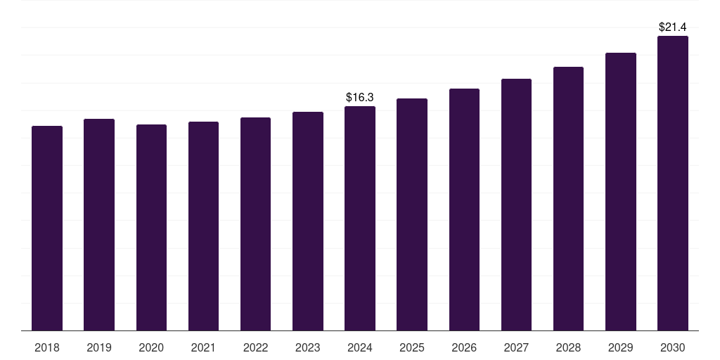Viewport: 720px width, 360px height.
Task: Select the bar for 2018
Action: pyautogui.click(x=47, y=229)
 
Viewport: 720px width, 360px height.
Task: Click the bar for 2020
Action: pyautogui.click(x=152, y=228)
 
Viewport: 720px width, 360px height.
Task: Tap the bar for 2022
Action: pyautogui.click(x=255, y=224)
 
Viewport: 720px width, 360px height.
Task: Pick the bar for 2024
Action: pyautogui.click(x=360, y=219)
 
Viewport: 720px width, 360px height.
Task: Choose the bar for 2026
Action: pyautogui.click(x=464, y=210)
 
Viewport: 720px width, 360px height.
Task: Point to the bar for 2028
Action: pyautogui.click(x=568, y=199)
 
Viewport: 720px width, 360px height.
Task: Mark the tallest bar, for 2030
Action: pyautogui.click(x=673, y=184)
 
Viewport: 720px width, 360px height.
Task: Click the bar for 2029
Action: pyautogui.click(x=621, y=192)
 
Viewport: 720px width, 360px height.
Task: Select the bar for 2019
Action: pyautogui.click(x=99, y=225)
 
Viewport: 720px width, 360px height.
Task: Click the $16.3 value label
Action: pyautogui.click(x=360, y=97)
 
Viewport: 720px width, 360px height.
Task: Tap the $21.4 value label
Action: pyautogui.click(x=673, y=27)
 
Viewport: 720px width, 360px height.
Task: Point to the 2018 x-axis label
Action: pyautogui.click(x=47, y=347)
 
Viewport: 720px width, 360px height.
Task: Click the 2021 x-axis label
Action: pyautogui.click(x=203, y=347)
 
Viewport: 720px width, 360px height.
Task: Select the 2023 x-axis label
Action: pyautogui.click(x=308, y=347)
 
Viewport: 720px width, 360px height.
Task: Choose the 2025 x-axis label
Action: pyautogui.click(x=412, y=347)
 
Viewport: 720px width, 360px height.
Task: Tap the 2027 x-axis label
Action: pyautogui.click(x=516, y=347)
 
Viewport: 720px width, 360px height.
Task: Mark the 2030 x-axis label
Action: pyautogui.click(x=673, y=347)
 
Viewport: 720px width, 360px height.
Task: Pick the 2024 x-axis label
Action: pyautogui.click(x=360, y=347)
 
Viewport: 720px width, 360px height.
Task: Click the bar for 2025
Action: pyautogui.click(x=412, y=214)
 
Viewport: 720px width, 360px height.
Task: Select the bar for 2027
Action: pyautogui.click(x=516, y=205)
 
